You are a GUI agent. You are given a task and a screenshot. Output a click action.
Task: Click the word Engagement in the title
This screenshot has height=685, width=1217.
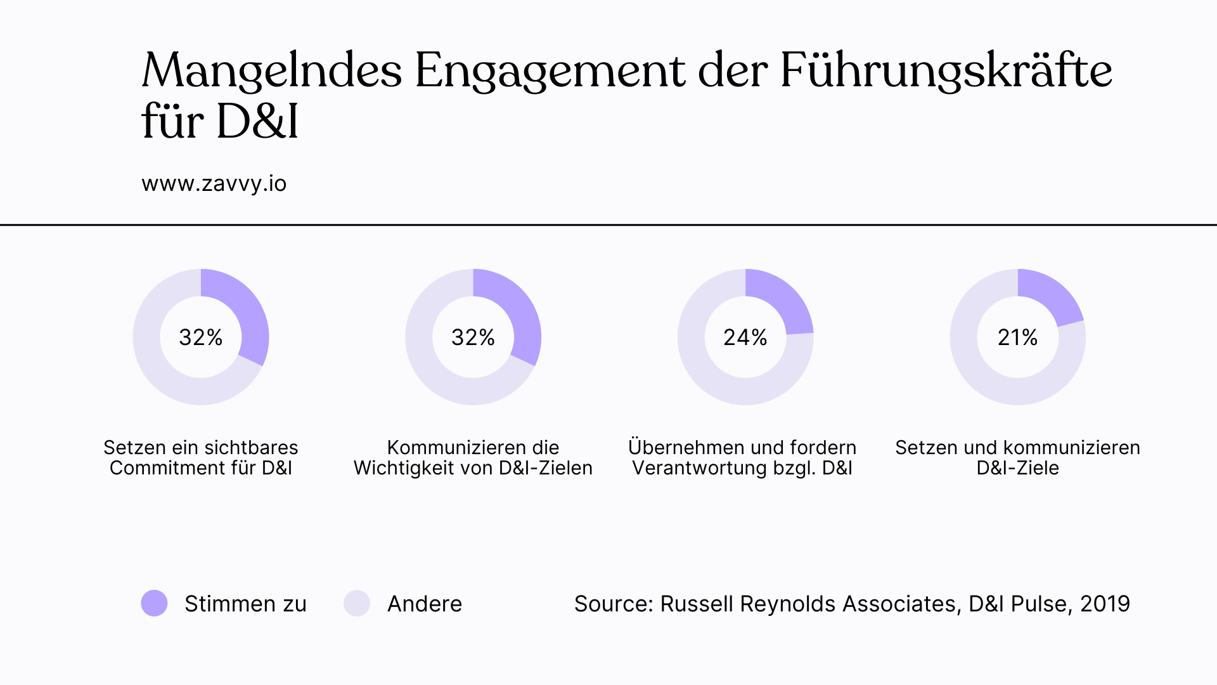coord(550,71)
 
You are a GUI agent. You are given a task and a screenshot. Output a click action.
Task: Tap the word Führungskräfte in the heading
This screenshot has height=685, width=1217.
coord(946,71)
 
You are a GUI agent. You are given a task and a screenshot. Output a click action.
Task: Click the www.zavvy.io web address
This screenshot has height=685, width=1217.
coord(214,184)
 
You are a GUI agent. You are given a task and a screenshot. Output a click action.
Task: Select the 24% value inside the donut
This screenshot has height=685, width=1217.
coord(745,337)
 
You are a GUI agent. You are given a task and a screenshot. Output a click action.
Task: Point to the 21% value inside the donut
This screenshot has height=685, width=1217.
coord(1017,337)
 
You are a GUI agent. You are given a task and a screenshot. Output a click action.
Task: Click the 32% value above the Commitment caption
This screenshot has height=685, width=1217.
coord(201,337)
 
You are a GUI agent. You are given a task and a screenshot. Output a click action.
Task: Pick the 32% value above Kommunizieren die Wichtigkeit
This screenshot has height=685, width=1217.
coord(473,337)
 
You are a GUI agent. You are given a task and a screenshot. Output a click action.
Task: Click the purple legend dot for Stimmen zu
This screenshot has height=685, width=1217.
coord(154,603)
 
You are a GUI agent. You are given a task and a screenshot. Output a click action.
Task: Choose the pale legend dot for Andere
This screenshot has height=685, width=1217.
coord(357,603)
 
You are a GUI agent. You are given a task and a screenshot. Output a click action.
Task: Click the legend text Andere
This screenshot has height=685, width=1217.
coord(425,604)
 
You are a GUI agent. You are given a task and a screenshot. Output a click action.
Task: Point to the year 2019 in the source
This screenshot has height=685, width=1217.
coord(1105,604)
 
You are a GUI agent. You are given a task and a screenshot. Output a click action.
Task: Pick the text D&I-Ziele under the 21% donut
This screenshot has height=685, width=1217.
coord(1017,468)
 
